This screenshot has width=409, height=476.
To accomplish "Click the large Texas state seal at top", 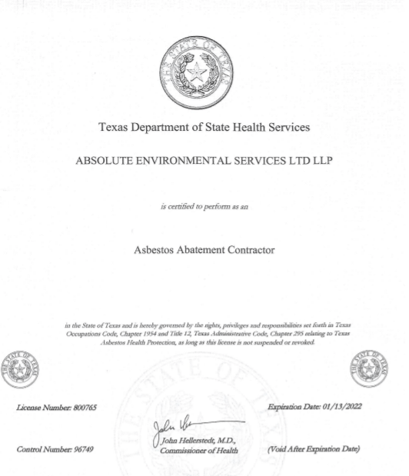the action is click(199, 74).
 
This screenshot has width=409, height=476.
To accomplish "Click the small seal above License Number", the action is click(22, 368).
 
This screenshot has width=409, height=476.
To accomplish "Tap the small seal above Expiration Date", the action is click(369, 368).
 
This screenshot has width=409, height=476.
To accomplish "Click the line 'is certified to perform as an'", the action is click(204, 207).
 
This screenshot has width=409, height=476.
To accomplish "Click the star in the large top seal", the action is click(198, 74).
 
